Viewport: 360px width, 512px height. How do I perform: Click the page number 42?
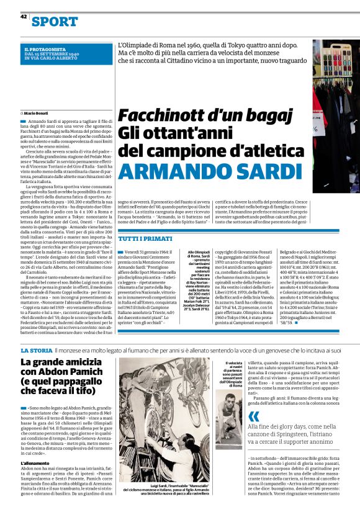coord(23,17)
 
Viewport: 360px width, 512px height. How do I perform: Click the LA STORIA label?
coord(35,352)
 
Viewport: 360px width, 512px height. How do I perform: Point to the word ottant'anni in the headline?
coord(158,133)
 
